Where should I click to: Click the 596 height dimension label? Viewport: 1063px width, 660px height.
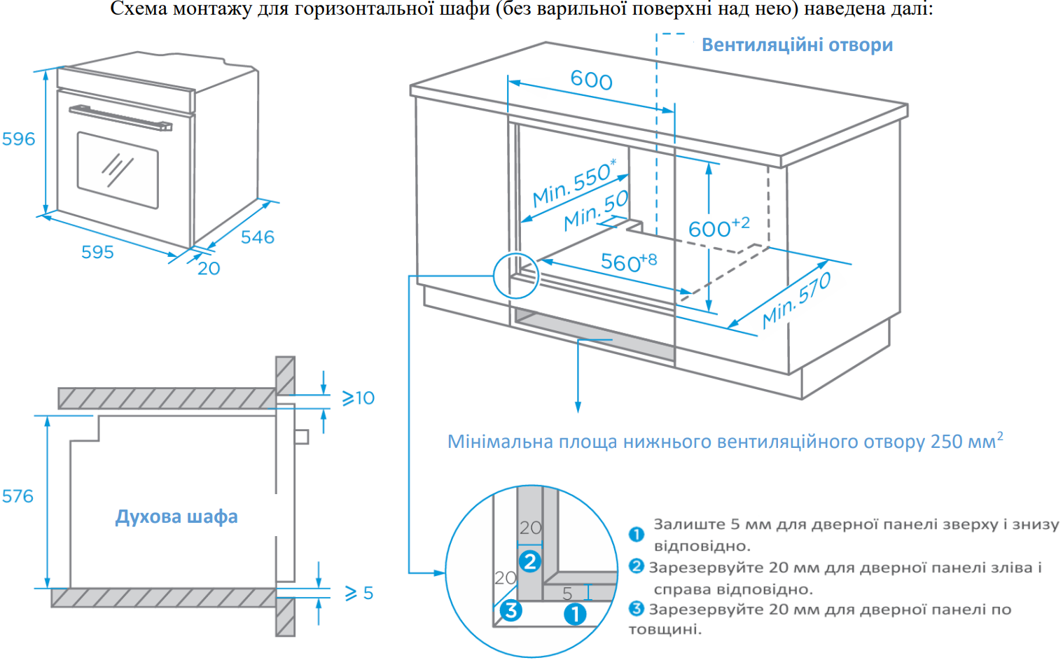click(18, 139)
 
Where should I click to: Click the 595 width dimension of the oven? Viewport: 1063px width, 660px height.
click(97, 252)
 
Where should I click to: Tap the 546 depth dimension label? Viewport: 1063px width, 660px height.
click(257, 237)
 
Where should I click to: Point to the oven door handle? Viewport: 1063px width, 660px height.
click(120, 118)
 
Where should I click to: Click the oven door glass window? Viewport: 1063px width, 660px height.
click(117, 170)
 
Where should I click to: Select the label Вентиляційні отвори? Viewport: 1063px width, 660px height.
click(797, 45)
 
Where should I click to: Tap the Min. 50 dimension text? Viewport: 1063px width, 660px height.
click(596, 211)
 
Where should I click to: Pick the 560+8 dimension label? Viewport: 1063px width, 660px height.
click(628, 262)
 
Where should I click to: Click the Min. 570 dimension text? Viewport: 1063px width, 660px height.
click(796, 300)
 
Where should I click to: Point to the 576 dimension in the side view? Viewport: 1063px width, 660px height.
click(18, 496)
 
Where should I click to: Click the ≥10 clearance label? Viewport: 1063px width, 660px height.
click(358, 398)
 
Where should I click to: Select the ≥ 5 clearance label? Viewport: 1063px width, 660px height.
click(359, 594)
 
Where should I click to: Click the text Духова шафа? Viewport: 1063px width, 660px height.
click(176, 517)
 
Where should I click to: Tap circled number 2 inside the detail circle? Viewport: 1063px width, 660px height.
click(530, 561)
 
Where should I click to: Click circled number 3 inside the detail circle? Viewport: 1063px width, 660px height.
click(510, 610)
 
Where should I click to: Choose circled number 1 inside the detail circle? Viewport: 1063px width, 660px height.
click(575, 615)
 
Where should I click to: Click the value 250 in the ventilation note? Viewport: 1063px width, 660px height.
click(946, 442)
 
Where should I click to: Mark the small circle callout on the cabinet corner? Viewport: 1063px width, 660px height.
click(516, 275)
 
